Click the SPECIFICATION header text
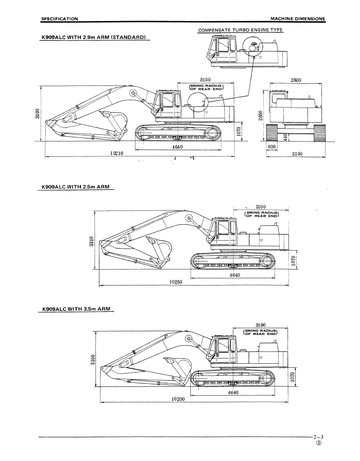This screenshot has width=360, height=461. tap(60, 19)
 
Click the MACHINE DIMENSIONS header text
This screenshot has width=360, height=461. tap(298, 19)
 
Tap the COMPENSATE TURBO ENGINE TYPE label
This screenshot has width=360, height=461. tap(240, 30)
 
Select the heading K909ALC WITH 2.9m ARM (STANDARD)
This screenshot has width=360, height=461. tap(94, 38)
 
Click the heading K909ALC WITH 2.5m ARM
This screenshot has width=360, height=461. tap(75, 187)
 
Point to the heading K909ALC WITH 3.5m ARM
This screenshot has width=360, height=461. tap(76, 309)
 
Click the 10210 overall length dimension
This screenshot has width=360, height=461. tap(116, 153)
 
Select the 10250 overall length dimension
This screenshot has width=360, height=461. tap(176, 281)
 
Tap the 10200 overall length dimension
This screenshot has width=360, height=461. tap(178, 399)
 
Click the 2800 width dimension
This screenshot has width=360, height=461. tap(296, 80)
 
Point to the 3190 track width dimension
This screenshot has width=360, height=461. tap(297, 153)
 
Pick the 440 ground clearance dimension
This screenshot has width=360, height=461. tap(285, 137)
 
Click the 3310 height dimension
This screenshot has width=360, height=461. tap(92, 242)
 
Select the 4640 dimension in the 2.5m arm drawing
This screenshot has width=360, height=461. tap(235, 275)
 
